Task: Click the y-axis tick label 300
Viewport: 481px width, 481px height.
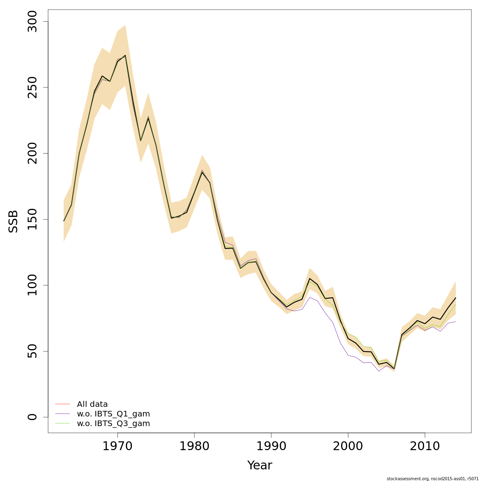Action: click(x=32, y=22)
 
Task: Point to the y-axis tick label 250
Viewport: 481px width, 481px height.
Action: click(x=32, y=87)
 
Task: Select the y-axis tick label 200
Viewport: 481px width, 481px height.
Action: click(x=32, y=154)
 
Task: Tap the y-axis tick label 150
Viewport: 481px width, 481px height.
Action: click(x=32, y=219)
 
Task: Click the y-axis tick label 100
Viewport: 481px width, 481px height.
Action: click(x=32, y=285)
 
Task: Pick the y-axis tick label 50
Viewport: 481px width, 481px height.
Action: click(x=32, y=351)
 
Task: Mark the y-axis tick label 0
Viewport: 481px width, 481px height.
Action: click(x=32, y=417)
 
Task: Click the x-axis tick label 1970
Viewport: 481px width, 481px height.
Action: click(x=117, y=447)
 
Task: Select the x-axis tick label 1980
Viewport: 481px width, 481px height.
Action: click(x=194, y=447)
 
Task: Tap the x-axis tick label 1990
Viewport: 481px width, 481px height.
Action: click(x=271, y=447)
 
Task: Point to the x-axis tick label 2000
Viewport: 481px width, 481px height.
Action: click(x=348, y=447)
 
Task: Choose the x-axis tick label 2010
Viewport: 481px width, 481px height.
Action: click(x=425, y=447)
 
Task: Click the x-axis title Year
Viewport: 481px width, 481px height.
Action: click(x=259, y=465)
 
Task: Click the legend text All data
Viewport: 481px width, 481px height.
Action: click(x=92, y=404)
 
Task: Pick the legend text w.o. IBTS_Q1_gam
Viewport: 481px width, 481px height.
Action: click(x=113, y=414)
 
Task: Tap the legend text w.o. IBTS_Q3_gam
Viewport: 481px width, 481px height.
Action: click(x=113, y=424)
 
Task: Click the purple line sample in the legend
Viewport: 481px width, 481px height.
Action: click(x=63, y=414)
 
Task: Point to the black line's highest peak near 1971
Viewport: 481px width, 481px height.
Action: click(x=125, y=55)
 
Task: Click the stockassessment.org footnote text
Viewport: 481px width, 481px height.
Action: click(x=433, y=479)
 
